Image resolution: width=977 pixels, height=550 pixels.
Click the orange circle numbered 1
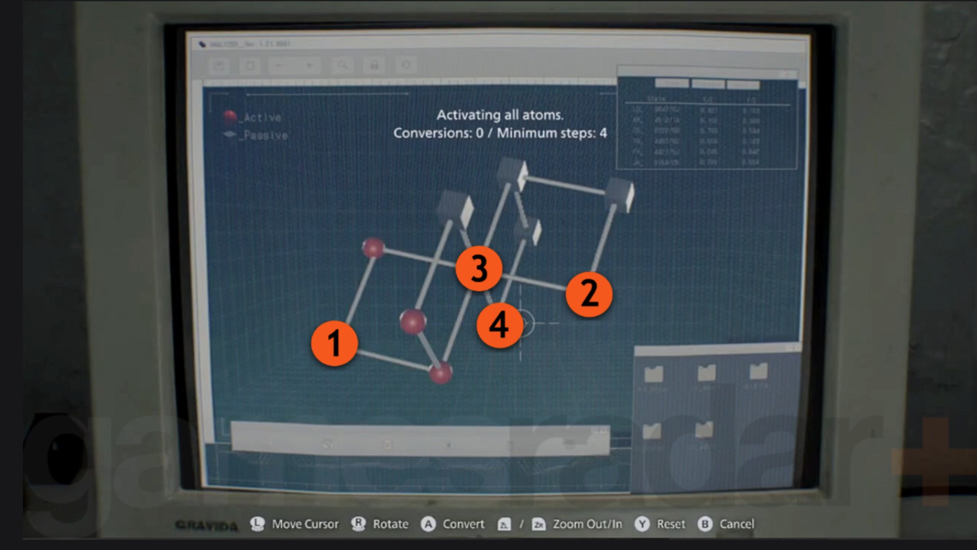(334, 343)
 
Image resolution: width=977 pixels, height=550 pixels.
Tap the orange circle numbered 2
(589, 294)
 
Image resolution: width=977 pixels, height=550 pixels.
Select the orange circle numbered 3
(479, 268)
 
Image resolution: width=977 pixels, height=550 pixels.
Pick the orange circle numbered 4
(499, 325)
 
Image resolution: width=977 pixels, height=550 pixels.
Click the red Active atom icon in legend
(230, 117)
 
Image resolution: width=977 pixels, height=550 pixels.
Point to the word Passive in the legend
(266, 135)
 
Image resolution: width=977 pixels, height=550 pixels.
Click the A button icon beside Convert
(428, 524)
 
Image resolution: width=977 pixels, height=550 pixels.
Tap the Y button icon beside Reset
(642, 524)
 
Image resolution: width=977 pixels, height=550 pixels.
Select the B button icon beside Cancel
(705, 524)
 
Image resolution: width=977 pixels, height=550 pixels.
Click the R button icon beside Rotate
(359, 524)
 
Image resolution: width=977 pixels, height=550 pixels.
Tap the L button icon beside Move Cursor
(257, 524)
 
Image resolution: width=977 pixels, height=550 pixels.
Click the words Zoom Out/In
(587, 524)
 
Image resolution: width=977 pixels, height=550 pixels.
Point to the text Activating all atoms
(500, 115)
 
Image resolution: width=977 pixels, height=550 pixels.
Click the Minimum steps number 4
(603, 133)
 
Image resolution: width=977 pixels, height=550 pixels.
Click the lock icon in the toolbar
(375, 65)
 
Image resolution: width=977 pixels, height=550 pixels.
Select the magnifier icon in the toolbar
(342, 65)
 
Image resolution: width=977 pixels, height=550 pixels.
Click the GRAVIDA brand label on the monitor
(206, 525)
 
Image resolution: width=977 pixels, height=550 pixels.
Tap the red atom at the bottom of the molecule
(441, 372)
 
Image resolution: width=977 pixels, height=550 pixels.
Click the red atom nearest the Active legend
(373, 248)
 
